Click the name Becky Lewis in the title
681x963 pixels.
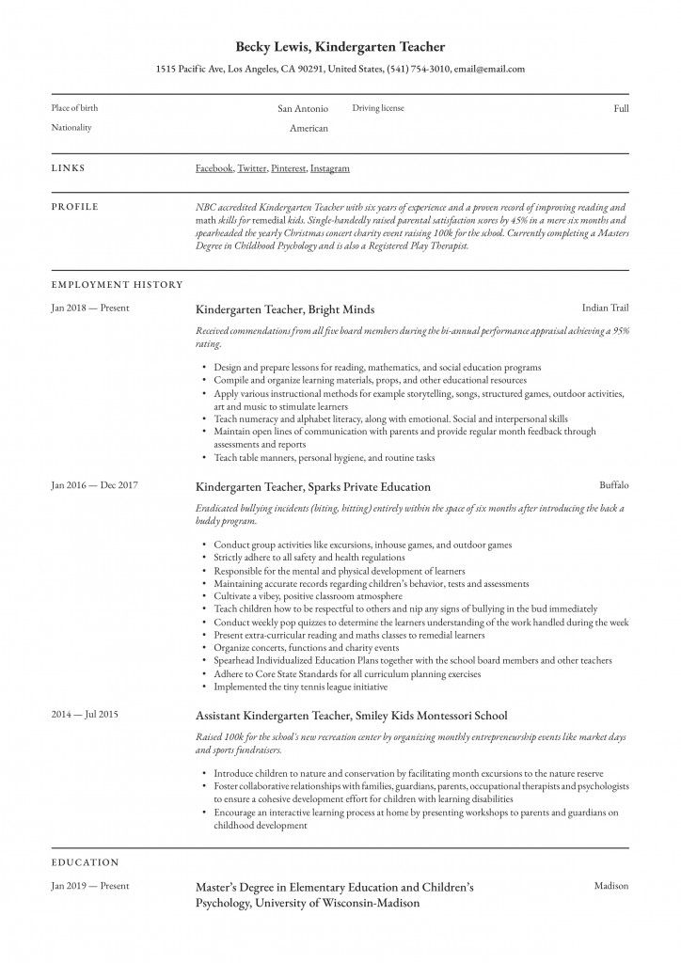pyautogui.click(x=271, y=46)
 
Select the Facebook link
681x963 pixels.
pyautogui.click(x=214, y=168)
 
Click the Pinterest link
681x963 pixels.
pyautogui.click(x=287, y=168)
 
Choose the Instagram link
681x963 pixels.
pyautogui.click(x=329, y=168)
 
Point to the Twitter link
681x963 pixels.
pyautogui.click(x=251, y=168)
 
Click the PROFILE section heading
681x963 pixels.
pyautogui.click(x=74, y=206)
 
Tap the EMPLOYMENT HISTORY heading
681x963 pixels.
pyautogui.click(x=117, y=284)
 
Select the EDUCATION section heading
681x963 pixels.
pyautogui.click(x=85, y=861)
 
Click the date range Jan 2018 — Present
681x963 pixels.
pyautogui.click(x=90, y=308)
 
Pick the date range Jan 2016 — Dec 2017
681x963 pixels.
pyautogui.click(x=95, y=485)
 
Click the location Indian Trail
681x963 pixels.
pyautogui.click(x=605, y=308)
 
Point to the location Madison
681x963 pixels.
pyautogui.click(x=611, y=886)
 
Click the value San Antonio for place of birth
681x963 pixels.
pyautogui.click(x=303, y=109)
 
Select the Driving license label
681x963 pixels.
pyautogui.click(x=378, y=108)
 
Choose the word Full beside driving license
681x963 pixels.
pyautogui.click(x=621, y=109)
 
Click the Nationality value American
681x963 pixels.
pyautogui.click(x=309, y=128)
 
